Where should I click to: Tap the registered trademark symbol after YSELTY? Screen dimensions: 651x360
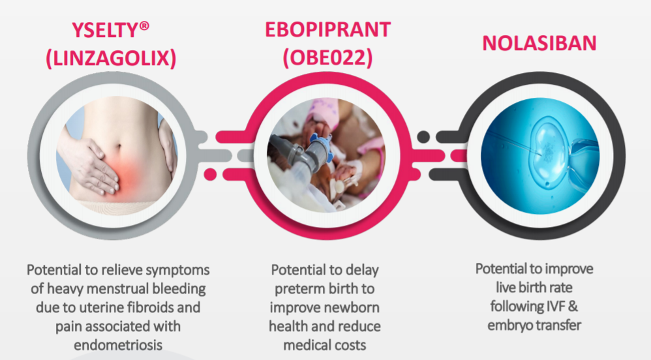(x=144, y=26)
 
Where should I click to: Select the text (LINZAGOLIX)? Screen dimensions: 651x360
(x=111, y=57)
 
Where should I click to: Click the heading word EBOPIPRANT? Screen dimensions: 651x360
(x=327, y=30)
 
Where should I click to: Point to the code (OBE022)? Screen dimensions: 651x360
(x=327, y=57)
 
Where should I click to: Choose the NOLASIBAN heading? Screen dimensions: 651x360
(x=539, y=43)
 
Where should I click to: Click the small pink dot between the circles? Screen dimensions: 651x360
(x=210, y=174)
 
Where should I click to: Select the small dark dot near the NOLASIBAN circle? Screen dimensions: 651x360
(x=423, y=136)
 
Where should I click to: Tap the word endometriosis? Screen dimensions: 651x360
(x=118, y=345)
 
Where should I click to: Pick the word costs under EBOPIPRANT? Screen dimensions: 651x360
(x=348, y=345)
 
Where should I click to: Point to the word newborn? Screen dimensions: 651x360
(x=352, y=307)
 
